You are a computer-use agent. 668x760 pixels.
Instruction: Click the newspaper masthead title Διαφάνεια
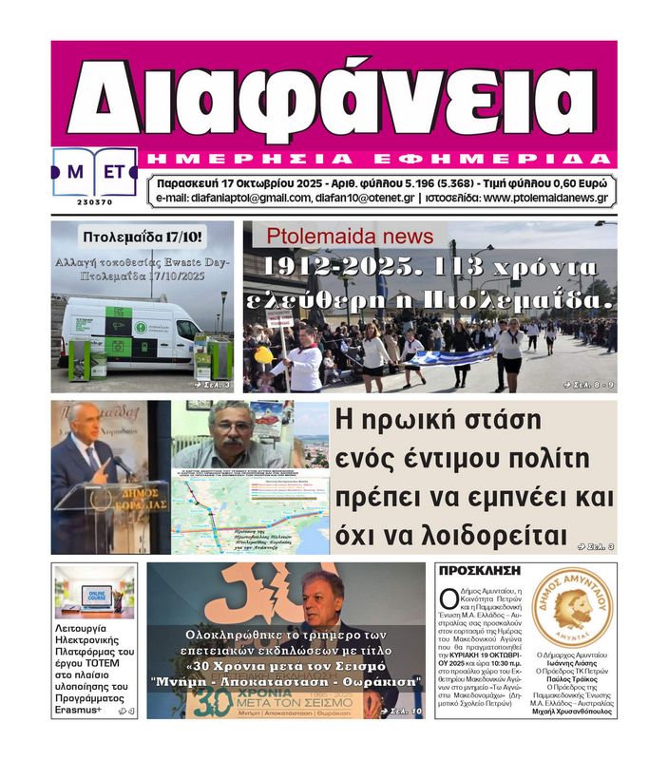point(333,95)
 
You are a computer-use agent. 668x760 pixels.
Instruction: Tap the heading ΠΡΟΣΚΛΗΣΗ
point(478,571)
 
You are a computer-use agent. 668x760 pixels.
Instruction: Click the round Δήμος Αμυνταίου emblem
point(572,607)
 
